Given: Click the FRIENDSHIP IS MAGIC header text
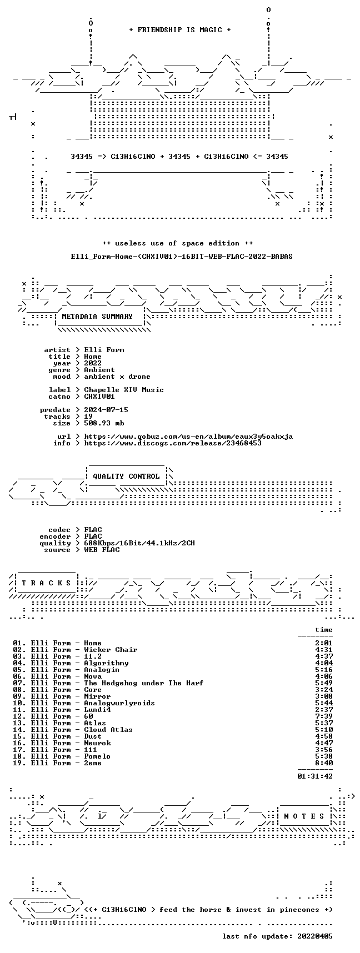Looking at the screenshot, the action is coord(179,30).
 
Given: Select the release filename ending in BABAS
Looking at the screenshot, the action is coord(182,257).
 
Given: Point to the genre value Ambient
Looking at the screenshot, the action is coord(99,370).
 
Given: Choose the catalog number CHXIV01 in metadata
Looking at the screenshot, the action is coord(99,397).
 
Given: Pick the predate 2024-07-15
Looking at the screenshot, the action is coord(106,410).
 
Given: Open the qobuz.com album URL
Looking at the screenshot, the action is coord(188,437).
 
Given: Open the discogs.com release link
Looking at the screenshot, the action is coord(173,443).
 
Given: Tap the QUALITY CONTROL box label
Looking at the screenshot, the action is coord(126,476).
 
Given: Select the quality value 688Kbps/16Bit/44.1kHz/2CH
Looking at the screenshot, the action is coord(139,543).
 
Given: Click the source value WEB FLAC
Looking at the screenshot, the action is coord(102,550).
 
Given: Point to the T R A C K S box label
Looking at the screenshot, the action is coord(46,583).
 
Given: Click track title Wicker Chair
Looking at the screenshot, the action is coord(111,650).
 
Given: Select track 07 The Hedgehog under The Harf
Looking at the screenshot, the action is coord(108,683).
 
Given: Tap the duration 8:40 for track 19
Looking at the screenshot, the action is coord(324,763).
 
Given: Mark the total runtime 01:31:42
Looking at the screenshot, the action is coord(315,776).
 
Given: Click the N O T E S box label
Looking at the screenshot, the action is coord(304,816).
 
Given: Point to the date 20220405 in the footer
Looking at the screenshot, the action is coord(315,936).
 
